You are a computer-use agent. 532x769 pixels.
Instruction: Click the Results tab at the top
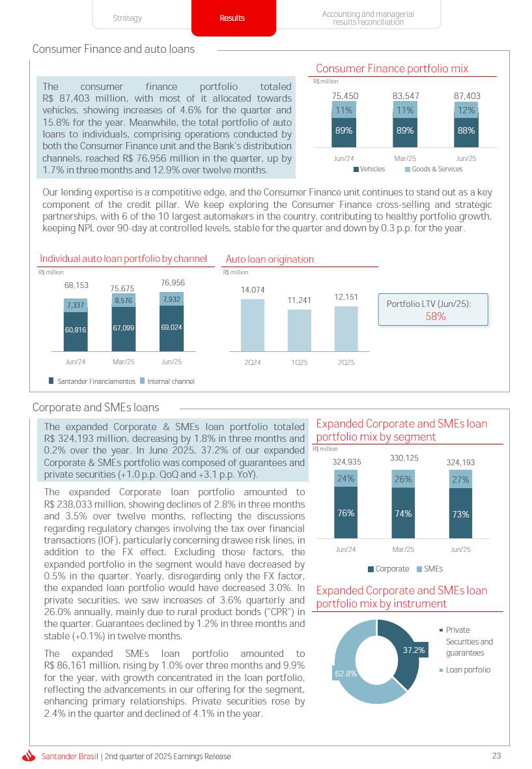232,18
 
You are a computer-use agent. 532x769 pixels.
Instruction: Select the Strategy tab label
127,18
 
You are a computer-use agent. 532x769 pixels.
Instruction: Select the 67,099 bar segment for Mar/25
124,328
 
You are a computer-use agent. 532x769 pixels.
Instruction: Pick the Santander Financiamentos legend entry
92,381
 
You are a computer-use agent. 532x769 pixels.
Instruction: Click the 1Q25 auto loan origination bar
300,330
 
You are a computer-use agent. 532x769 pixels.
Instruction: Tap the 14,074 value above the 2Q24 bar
253,290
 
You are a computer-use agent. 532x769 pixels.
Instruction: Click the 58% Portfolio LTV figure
436,316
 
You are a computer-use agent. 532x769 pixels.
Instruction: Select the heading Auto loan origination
270,259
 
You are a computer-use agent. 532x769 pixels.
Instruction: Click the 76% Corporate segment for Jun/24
346,513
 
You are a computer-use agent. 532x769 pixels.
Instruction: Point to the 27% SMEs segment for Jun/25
460,479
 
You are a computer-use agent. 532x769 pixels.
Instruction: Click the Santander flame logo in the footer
28,757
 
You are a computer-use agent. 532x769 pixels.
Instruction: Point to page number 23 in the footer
496,756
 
